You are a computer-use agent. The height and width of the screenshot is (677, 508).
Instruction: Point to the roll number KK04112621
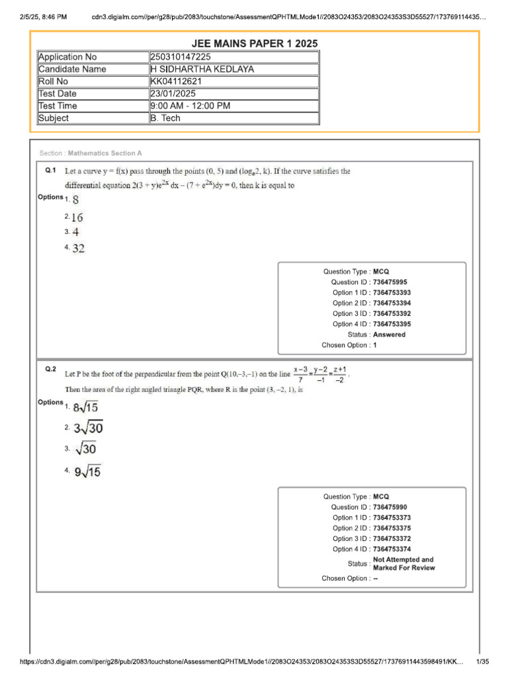point(176,81)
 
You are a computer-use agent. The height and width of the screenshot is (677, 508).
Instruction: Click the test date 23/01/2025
point(174,94)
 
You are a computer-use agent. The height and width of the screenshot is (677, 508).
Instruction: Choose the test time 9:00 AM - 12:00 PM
point(190,106)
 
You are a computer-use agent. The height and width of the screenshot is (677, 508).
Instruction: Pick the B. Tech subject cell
point(165,118)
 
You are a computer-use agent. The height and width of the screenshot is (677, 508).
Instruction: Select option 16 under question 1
point(78,217)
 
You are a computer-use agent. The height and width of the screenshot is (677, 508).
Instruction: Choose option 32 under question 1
point(78,249)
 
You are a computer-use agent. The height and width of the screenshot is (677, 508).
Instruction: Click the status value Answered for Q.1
point(390,335)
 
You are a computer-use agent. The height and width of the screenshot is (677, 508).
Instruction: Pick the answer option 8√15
point(85,407)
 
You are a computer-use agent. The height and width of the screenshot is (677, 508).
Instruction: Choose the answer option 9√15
point(87,472)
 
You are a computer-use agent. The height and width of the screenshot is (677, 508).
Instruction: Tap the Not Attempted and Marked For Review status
point(403,564)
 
